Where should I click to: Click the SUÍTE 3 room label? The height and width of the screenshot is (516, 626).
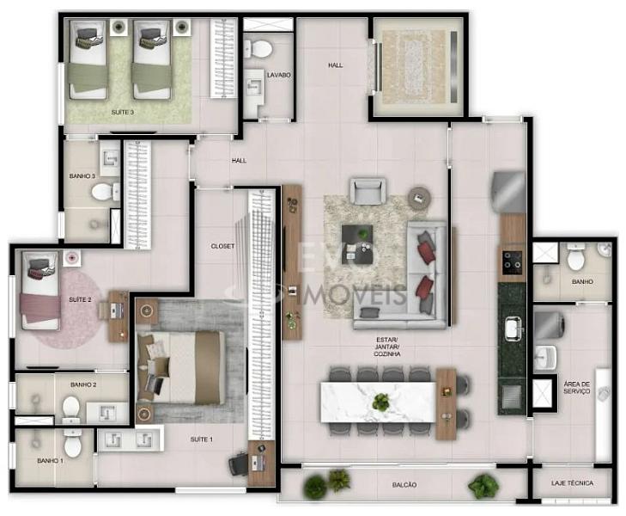(122, 113)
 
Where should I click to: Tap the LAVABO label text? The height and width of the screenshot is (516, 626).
(279, 75)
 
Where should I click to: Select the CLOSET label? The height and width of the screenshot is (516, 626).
(222, 246)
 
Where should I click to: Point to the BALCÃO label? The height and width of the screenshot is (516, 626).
(404, 485)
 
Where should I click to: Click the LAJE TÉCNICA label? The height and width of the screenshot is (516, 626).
(572, 483)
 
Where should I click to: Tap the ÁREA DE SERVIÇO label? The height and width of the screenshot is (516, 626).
(576, 387)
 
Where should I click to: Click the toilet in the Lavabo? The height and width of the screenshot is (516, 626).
(259, 49)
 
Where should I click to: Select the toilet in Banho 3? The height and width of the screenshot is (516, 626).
(105, 192)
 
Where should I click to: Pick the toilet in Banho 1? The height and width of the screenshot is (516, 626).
(73, 443)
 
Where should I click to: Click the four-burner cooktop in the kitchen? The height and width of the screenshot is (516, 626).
(512, 263)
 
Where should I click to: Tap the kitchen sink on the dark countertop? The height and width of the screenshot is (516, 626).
(513, 329)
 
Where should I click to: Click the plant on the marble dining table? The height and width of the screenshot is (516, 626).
(380, 402)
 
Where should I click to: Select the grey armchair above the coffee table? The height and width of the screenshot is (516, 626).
(368, 192)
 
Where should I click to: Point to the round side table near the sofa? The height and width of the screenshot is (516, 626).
(419, 198)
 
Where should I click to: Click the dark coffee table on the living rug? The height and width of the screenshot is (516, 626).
(357, 244)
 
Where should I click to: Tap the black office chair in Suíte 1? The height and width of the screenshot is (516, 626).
(239, 464)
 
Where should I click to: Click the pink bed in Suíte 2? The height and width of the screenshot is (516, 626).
(40, 291)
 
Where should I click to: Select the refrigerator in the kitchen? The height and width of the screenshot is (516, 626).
(509, 193)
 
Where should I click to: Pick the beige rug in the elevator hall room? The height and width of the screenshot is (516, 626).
(414, 67)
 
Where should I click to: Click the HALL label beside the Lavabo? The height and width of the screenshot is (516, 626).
(336, 64)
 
